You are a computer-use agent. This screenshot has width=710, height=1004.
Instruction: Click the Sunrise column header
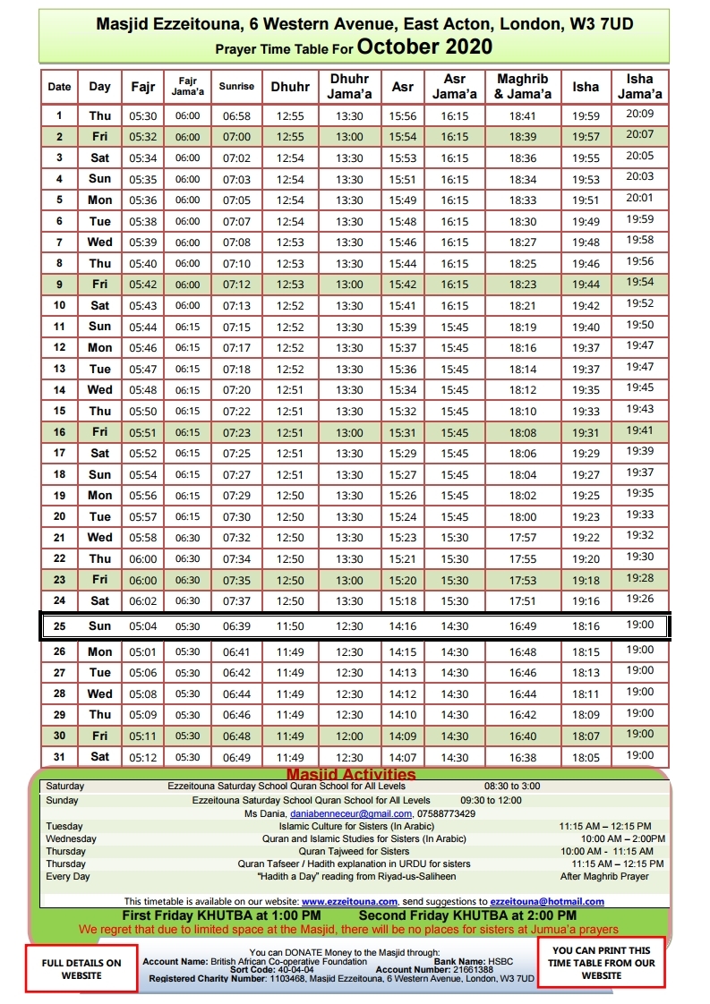(238, 87)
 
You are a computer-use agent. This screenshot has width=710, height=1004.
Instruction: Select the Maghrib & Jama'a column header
(522, 87)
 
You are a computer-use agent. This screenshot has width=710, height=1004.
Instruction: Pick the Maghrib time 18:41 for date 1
(523, 116)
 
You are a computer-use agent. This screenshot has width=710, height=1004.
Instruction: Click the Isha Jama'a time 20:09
(640, 115)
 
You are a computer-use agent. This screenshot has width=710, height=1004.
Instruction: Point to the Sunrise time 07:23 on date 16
(237, 433)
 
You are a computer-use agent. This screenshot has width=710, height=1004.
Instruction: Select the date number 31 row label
(59, 757)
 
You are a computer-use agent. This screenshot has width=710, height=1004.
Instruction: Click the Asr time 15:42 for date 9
(403, 285)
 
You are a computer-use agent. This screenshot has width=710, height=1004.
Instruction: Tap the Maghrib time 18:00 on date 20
(523, 517)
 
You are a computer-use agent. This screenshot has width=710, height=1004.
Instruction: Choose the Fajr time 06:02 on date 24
(142, 601)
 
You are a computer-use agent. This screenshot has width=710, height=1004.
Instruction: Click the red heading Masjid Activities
(351, 774)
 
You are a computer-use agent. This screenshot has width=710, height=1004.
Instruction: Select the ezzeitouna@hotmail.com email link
(548, 901)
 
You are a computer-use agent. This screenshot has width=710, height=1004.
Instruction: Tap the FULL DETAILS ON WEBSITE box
(81, 968)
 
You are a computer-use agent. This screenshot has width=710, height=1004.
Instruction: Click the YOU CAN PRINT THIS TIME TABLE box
(603, 963)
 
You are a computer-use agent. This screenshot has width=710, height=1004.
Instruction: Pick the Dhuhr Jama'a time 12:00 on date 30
(349, 736)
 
